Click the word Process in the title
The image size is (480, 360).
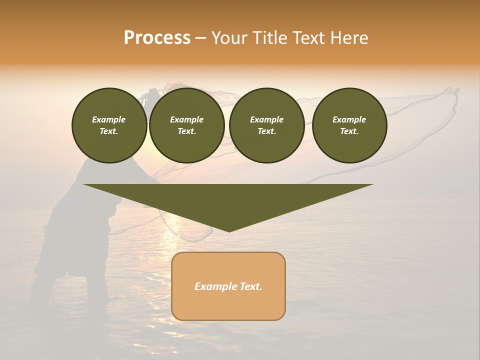coord(157,38)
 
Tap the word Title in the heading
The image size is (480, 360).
coord(269,38)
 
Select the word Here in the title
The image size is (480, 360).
coord(349,38)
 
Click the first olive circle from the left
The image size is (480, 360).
coord(109,125)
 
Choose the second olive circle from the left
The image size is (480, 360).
coord(187,125)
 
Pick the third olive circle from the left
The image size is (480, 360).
coord(267,125)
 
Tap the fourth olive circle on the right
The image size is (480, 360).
coord(349,125)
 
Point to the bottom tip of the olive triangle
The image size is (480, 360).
coord(229,231)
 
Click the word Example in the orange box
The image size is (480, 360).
coord(215,286)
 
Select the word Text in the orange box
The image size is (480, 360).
coord(250,286)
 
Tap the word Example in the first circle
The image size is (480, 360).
coord(109,119)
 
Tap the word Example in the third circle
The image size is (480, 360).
coord(267,119)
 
